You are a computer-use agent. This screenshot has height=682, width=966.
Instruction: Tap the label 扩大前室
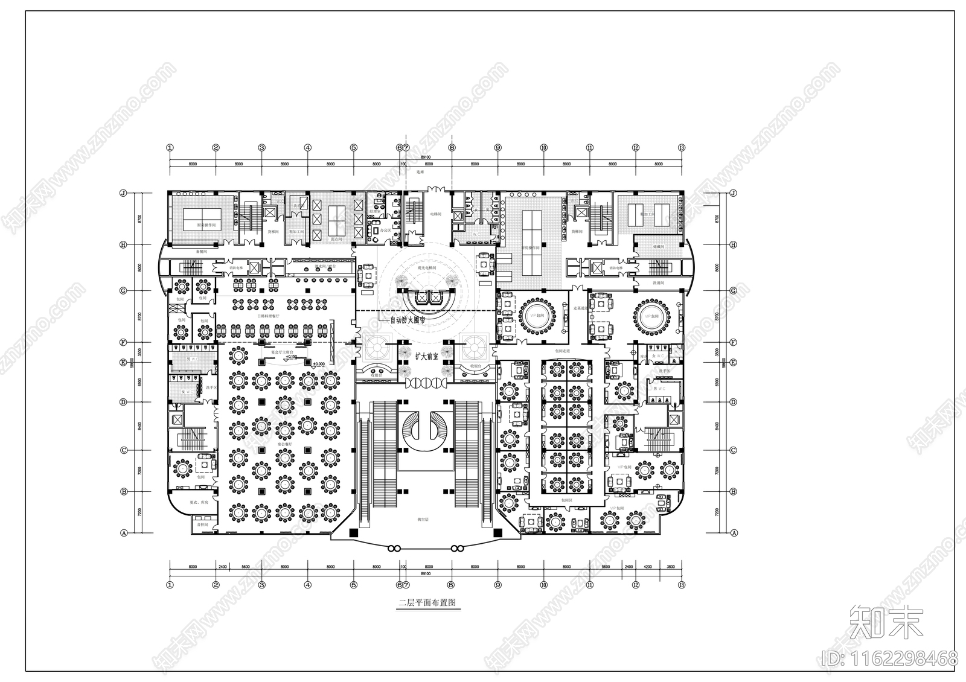pyautogui.click(x=426, y=356)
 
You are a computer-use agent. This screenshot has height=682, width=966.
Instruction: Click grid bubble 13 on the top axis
pyautogui.click(x=682, y=147)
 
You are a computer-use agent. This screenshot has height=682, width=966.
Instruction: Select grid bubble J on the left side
pyautogui.click(x=123, y=194)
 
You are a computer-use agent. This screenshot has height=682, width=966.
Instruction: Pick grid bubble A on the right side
pyautogui.click(x=734, y=533)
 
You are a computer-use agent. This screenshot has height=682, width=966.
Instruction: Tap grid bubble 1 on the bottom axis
pyautogui.click(x=170, y=585)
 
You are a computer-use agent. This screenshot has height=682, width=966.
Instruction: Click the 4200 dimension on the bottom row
pyautogui.click(x=647, y=567)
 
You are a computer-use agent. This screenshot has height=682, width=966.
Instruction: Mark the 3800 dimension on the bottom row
pyautogui.click(x=670, y=567)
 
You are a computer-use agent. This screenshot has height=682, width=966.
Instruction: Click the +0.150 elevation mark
pyautogui.click(x=291, y=357)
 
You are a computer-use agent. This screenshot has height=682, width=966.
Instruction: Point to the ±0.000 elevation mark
pyautogui.click(x=318, y=364)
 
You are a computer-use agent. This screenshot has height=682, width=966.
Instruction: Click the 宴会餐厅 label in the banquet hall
pyautogui.click(x=284, y=444)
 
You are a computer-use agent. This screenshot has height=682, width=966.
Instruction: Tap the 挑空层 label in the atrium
pyautogui.click(x=423, y=519)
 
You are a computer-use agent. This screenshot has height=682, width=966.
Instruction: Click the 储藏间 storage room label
pyautogui.click(x=659, y=246)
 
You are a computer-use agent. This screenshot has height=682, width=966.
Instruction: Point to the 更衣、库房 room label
pyautogui.click(x=199, y=502)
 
